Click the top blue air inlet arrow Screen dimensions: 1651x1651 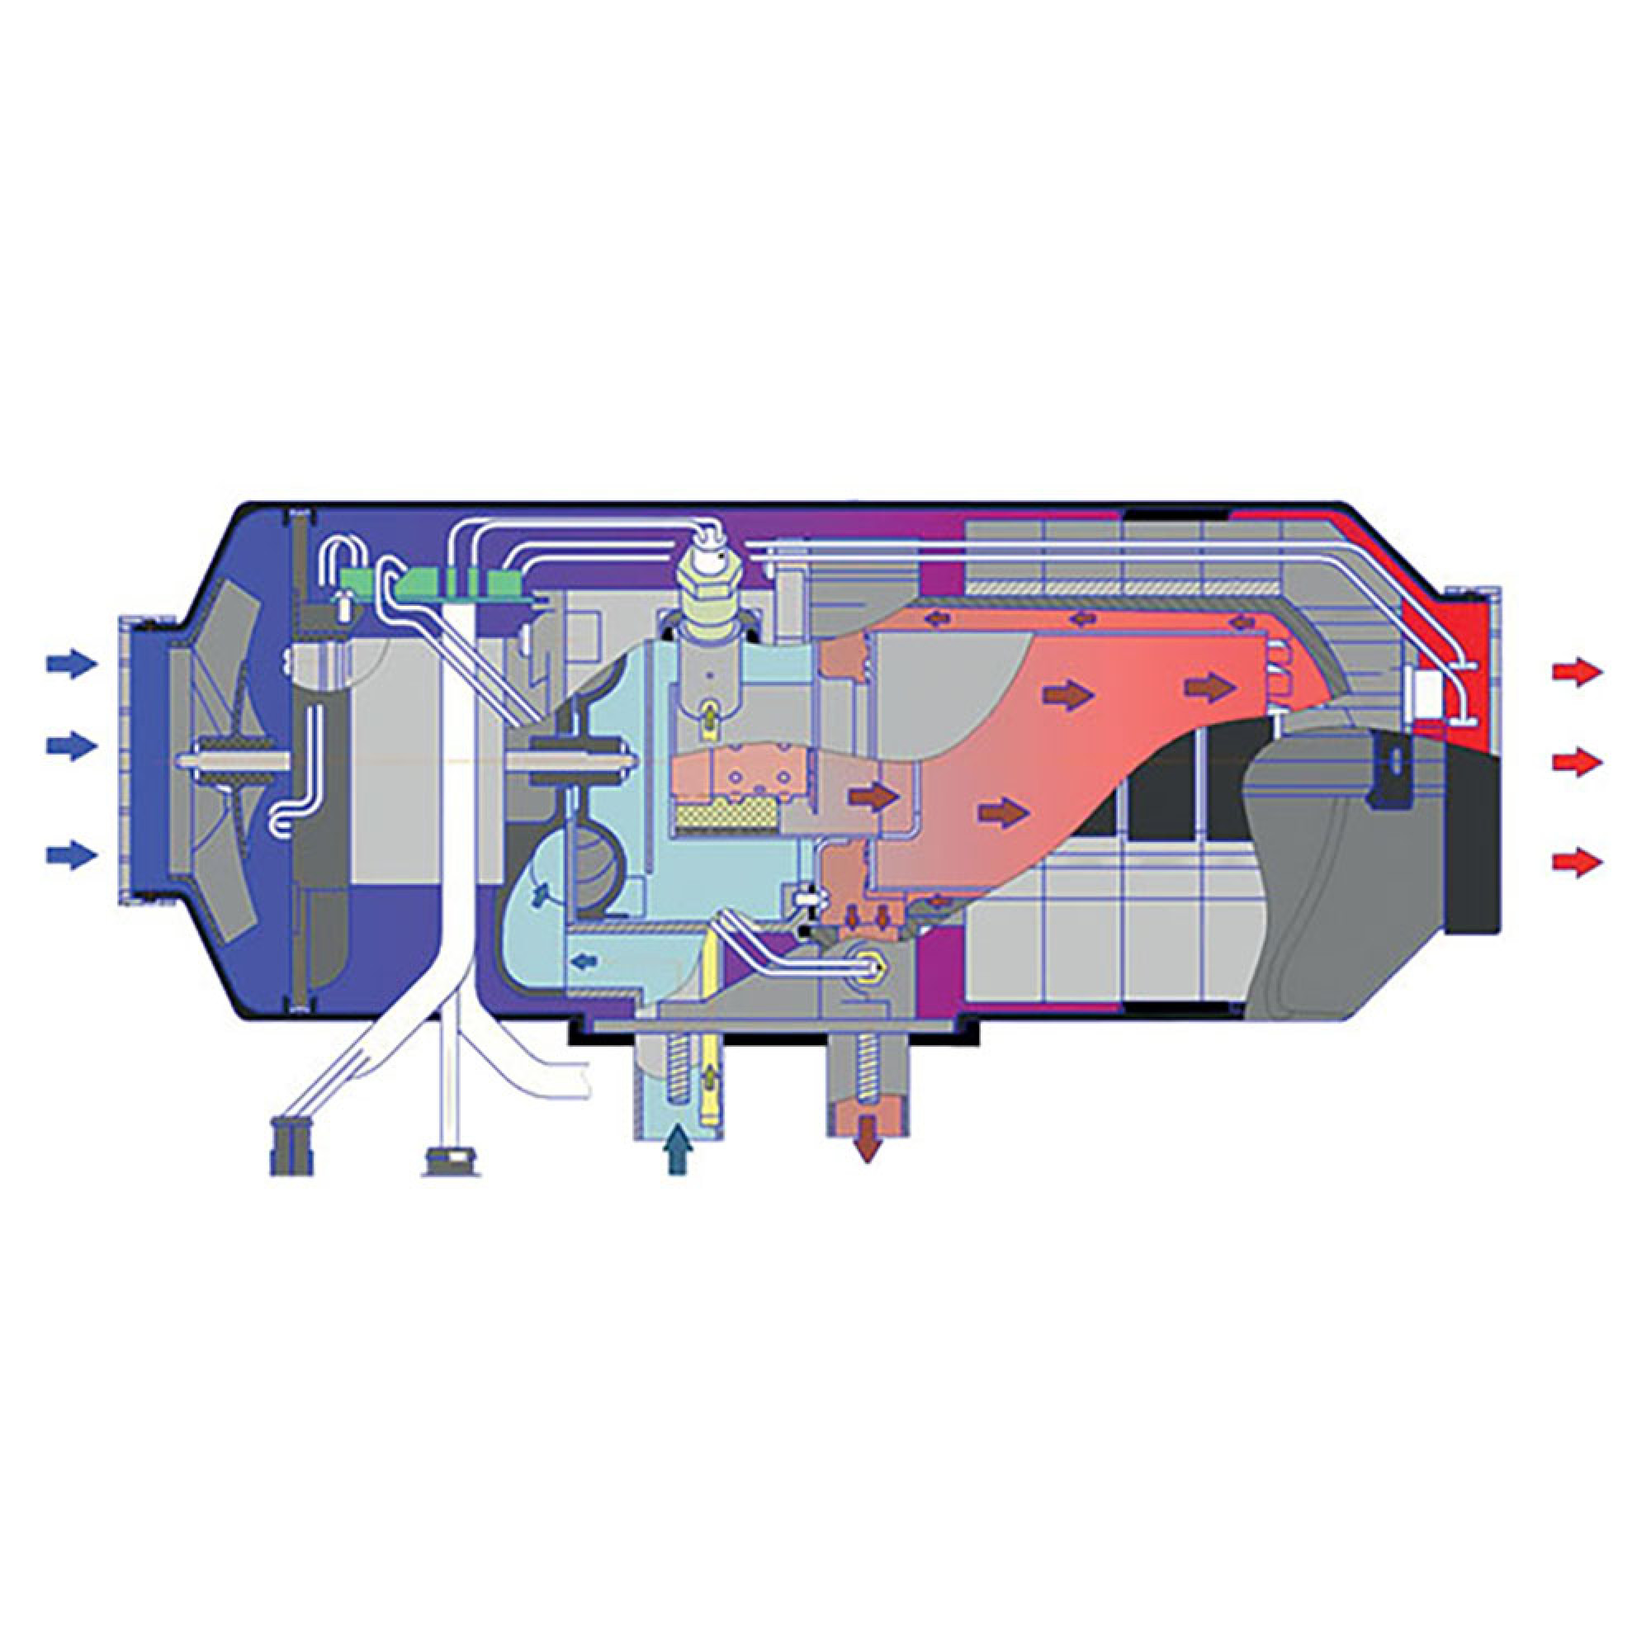pyautogui.click(x=69, y=663)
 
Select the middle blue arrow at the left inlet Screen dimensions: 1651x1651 pyautogui.click(x=69, y=746)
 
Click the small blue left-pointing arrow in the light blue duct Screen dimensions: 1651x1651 pyautogui.click(x=584, y=962)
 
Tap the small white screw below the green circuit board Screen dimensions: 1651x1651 pyautogui.click(x=343, y=607)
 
